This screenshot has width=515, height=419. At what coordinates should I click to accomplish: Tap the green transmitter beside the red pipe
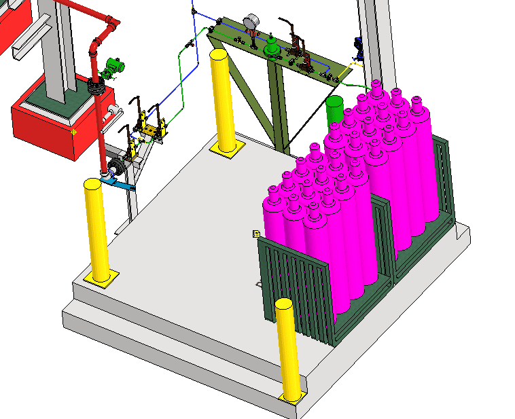coord(113,67)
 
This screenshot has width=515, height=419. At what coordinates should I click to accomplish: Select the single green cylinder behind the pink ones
coord(334,109)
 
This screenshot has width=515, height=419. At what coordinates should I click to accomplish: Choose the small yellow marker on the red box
coord(73,131)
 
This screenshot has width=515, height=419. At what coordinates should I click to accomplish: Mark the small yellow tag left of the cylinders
coord(256,234)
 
